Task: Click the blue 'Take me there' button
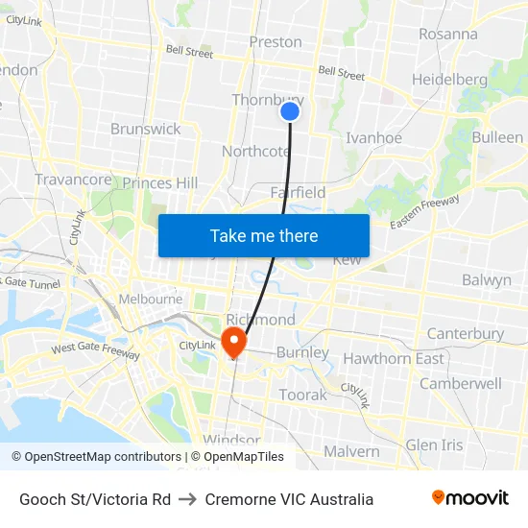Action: click(x=264, y=235)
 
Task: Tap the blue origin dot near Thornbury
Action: click(x=290, y=112)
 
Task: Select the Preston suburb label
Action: click(x=276, y=42)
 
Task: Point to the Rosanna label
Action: click(x=448, y=34)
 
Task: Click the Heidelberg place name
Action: click(x=449, y=79)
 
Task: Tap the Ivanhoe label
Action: click(x=373, y=138)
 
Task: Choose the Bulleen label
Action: click(x=497, y=138)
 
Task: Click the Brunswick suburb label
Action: click(x=146, y=129)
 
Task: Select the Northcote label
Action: click(x=255, y=152)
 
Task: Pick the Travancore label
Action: click(x=73, y=180)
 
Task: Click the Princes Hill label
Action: click(x=160, y=183)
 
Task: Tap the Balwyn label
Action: click(x=487, y=280)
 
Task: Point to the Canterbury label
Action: click(x=466, y=334)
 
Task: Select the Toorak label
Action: click(x=302, y=395)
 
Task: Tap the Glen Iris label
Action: click(x=434, y=445)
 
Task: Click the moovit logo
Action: click(x=470, y=498)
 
